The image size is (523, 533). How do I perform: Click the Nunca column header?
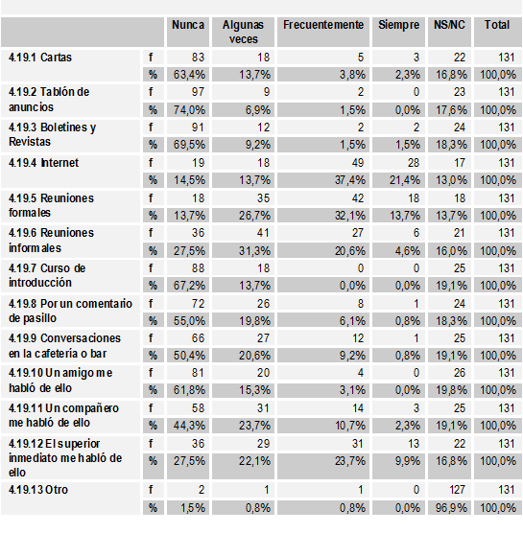point(187,24)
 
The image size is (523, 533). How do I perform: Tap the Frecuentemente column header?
point(322,24)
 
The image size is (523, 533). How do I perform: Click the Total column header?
point(497,24)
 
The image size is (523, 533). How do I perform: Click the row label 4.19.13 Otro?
point(40,490)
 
